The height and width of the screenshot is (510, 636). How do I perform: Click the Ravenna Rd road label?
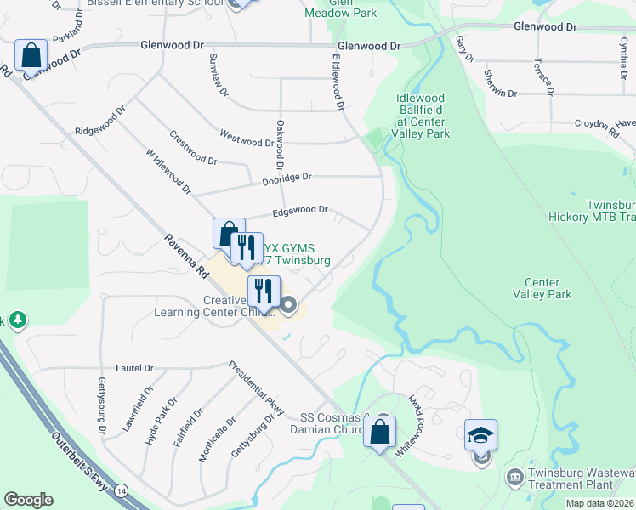[186, 258]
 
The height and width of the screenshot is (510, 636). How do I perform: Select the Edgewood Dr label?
[299, 210]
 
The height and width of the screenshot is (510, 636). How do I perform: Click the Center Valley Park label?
[542, 289]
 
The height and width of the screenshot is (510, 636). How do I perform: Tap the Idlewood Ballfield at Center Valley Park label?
[420, 116]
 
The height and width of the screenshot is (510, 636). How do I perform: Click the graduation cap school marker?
[480, 435]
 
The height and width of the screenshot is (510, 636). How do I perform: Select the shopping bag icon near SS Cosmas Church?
[379, 431]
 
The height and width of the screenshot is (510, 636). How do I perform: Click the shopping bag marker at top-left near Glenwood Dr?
[31, 56]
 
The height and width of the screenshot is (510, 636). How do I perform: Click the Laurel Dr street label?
[135, 369]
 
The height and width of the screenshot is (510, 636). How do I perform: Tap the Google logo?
[28, 500]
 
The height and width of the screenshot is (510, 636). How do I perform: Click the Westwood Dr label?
[246, 138]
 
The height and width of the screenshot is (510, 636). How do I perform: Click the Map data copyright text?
[599, 503]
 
